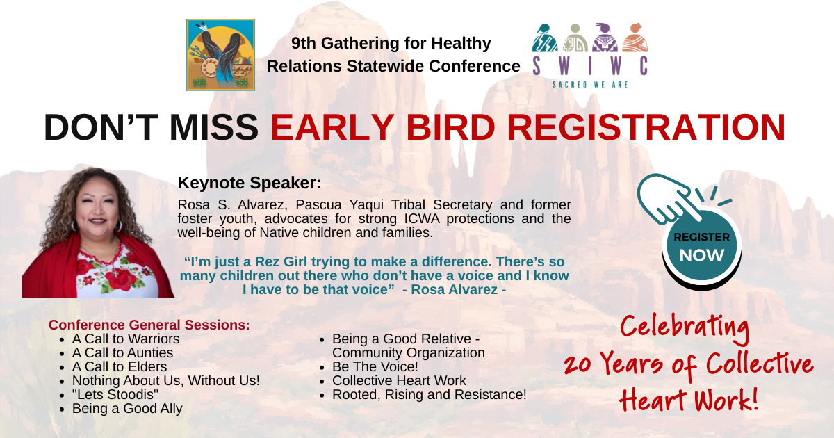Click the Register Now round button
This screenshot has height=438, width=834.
[x=701, y=247]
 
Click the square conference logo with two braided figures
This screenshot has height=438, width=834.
[x=220, y=55]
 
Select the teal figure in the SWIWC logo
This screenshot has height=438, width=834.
[x=544, y=38]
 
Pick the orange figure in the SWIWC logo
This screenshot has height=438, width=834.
[x=635, y=38]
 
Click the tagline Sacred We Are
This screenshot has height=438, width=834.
[x=590, y=85]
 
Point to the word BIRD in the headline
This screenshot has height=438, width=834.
[x=450, y=127]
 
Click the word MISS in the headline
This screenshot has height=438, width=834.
[x=214, y=127]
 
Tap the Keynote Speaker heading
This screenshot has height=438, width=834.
[x=249, y=183]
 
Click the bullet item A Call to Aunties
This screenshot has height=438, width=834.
[x=122, y=352]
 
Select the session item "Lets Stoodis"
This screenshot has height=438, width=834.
[x=115, y=394]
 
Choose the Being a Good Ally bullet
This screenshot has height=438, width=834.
[x=127, y=409]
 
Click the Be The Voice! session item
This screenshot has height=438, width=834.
[x=375, y=367]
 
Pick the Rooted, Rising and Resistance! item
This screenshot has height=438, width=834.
[x=430, y=394]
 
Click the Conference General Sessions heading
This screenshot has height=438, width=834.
[x=149, y=325]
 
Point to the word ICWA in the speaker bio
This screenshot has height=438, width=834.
[x=422, y=218]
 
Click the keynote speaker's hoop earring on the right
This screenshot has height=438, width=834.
[x=118, y=226]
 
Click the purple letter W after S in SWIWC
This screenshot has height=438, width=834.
[x=564, y=66]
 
